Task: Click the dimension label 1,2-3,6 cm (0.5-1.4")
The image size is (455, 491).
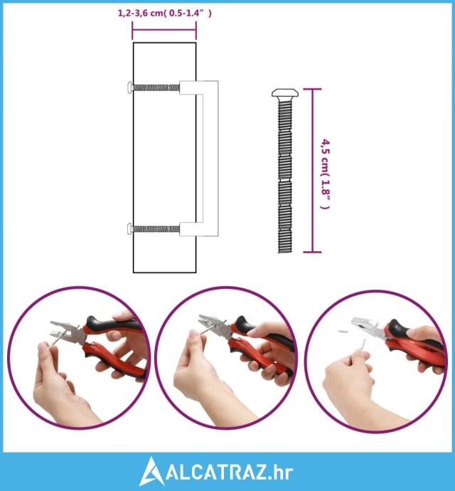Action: point(165,13)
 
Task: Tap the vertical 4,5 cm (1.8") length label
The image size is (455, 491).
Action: point(325,174)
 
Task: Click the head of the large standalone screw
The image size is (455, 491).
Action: point(285,93)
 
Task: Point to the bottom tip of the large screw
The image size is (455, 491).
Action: point(285,253)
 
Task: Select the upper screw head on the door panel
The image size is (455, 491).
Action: point(129,86)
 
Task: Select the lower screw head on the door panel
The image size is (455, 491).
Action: point(129,228)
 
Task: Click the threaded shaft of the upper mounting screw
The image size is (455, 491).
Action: point(156,88)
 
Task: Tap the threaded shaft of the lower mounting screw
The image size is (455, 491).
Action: point(156,229)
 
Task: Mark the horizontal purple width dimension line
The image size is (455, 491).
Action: point(164,31)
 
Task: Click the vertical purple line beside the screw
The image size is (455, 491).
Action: point(312,170)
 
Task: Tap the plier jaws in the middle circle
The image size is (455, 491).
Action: point(215,324)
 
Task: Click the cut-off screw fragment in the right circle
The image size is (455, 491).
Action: point(342,329)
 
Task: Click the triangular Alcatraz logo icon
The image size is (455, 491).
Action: point(151,471)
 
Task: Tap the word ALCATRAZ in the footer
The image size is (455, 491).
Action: point(215,472)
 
